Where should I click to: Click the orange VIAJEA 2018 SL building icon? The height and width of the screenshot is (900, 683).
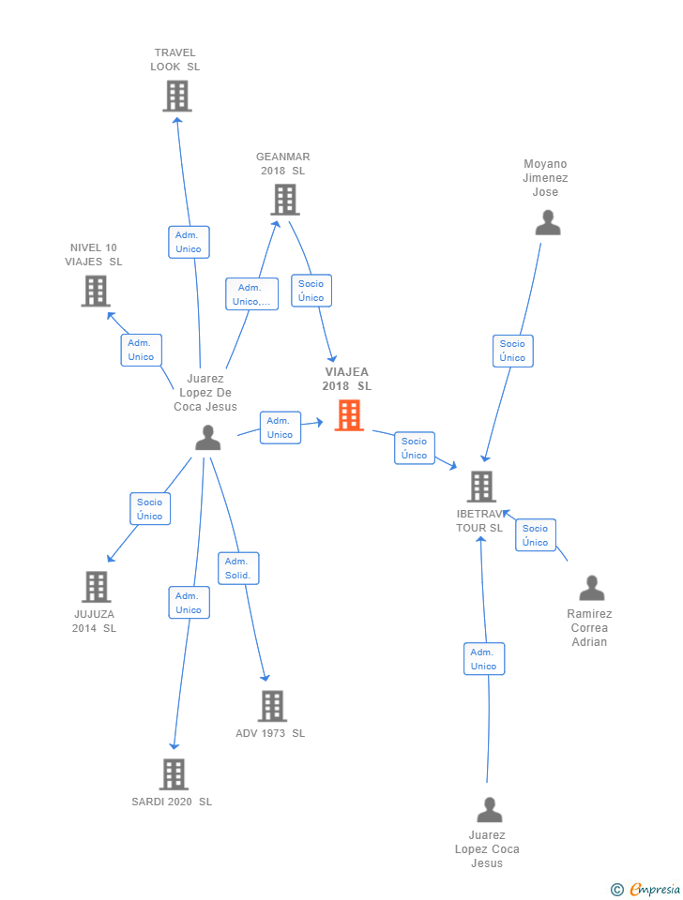(x=349, y=415)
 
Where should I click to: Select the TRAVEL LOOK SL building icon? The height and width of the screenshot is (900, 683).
(x=177, y=96)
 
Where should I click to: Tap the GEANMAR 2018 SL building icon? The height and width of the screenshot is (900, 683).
(x=285, y=200)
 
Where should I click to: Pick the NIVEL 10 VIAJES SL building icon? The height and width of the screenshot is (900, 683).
(x=96, y=291)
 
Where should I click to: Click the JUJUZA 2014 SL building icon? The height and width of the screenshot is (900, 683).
(x=96, y=587)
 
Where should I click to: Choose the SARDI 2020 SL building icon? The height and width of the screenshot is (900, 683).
(x=174, y=774)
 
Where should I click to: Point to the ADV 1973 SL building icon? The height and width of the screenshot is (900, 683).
(x=272, y=706)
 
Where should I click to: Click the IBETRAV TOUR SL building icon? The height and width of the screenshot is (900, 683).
(x=481, y=487)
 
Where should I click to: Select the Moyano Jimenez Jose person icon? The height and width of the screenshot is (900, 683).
(x=548, y=223)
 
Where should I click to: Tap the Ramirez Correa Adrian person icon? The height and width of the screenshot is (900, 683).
(x=592, y=588)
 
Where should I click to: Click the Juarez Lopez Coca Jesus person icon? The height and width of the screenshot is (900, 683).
(x=490, y=810)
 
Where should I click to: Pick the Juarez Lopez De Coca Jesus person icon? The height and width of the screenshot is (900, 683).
(x=208, y=438)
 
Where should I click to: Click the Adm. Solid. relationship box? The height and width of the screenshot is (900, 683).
(x=238, y=568)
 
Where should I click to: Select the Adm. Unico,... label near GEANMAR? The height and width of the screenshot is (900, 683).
(x=251, y=293)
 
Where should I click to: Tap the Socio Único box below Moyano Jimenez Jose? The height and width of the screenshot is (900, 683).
(x=513, y=351)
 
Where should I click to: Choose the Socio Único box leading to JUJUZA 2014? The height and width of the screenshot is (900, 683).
(x=150, y=508)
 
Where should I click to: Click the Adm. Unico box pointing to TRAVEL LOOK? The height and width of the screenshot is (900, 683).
(x=189, y=242)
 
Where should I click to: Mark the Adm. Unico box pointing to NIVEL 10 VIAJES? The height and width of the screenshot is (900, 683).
(x=142, y=350)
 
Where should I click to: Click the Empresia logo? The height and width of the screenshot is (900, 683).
(x=645, y=889)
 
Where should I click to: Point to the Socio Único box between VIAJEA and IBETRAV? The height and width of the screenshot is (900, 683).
(x=414, y=448)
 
